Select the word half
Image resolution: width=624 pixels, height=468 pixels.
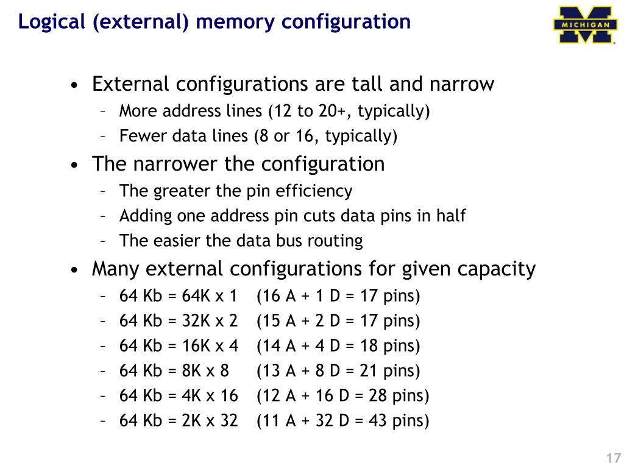click(451, 216)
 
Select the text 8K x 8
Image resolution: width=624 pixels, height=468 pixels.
click(205, 371)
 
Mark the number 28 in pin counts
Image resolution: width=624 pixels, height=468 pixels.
click(377, 396)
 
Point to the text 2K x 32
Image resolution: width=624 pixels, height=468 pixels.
click(210, 421)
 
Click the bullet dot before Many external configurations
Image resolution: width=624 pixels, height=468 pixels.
click(74, 271)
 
